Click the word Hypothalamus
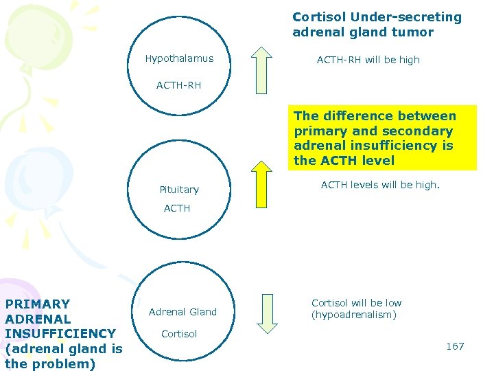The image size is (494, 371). pos(179,58)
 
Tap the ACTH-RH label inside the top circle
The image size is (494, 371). pos(178,86)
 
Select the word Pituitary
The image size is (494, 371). pos(179,190)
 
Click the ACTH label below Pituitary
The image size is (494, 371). pos(177,208)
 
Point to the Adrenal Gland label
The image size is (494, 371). pos(183,312)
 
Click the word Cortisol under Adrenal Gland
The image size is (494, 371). pos(179,334)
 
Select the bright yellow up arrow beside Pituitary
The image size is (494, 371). pos(261,183)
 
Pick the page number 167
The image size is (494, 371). pos(455,346)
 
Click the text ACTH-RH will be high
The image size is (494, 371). pos(368,60)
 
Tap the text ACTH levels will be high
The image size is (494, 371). pos(381,185)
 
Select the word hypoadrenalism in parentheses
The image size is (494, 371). pos(354,315)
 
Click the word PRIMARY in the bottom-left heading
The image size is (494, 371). pos(38,304)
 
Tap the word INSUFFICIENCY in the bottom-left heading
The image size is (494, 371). pos(60,333)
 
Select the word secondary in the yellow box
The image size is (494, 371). pos(421,131)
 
